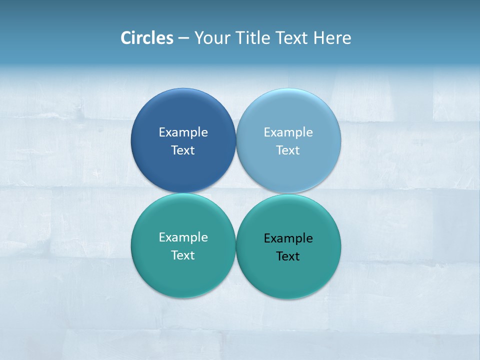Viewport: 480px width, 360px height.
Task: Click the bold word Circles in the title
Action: [x=146, y=38]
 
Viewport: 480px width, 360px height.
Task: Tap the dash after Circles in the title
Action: [x=183, y=38]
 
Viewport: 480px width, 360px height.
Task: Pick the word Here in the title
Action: [x=332, y=38]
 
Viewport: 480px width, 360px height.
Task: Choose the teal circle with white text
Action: [x=183, y=275]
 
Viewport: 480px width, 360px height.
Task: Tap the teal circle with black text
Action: [x=288, y=277]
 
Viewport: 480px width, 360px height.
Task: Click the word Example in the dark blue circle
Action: [x=183, y=132]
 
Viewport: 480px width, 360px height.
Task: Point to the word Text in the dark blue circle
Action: [x=183, y=150]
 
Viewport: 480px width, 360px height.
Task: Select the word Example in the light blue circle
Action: [x=288, y=132]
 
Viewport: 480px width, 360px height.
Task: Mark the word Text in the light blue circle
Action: [x=288, y=150]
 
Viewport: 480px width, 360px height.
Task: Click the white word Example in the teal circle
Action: [x=183, y=237]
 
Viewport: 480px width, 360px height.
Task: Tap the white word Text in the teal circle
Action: [x=183, y=255]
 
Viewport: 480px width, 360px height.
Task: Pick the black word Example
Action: [x=288, y=238]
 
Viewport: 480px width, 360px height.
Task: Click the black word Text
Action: [x=288, y=256]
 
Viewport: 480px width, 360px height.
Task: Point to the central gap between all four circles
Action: [x=236, y=193]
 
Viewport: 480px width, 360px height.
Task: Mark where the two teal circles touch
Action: [x=236, y=246]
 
